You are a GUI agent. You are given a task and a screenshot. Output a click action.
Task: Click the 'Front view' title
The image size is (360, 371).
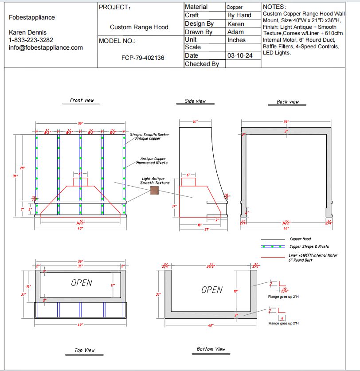click(82, 101)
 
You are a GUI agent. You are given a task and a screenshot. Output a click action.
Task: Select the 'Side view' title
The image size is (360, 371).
click(195, 101)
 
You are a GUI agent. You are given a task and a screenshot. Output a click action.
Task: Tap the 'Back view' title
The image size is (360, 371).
click(288, 102)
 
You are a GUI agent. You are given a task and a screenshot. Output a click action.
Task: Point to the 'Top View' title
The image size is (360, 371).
click(84, 350)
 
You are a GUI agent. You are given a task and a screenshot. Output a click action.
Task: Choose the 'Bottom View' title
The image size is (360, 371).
click(211, 349)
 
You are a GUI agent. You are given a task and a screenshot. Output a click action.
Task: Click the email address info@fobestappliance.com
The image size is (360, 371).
click(46, 47)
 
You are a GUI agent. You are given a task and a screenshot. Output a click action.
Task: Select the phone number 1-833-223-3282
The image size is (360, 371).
click(31, 40)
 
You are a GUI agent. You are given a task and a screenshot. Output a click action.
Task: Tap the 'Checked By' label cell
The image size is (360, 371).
click(202, 64)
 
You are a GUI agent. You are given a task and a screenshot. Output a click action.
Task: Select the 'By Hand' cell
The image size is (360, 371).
click(239, 15)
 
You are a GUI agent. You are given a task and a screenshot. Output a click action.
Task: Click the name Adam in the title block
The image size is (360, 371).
click(235, 32)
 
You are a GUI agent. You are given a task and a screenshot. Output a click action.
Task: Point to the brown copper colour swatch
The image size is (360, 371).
click(154, 190)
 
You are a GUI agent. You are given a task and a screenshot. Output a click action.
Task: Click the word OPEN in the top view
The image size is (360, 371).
click(82, 283)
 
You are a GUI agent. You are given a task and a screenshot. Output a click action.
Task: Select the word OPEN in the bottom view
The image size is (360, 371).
click(212, 290)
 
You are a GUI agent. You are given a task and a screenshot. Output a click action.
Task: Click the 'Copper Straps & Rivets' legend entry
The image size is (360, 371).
click(309, 246)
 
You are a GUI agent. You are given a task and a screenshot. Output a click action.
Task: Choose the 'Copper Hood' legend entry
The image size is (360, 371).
click(300, 239)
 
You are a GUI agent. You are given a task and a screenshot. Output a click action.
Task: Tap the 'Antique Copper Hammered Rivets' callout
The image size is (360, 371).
click(154, 160)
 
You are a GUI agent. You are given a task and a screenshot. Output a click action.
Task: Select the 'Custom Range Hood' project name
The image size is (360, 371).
click(139, 27)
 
